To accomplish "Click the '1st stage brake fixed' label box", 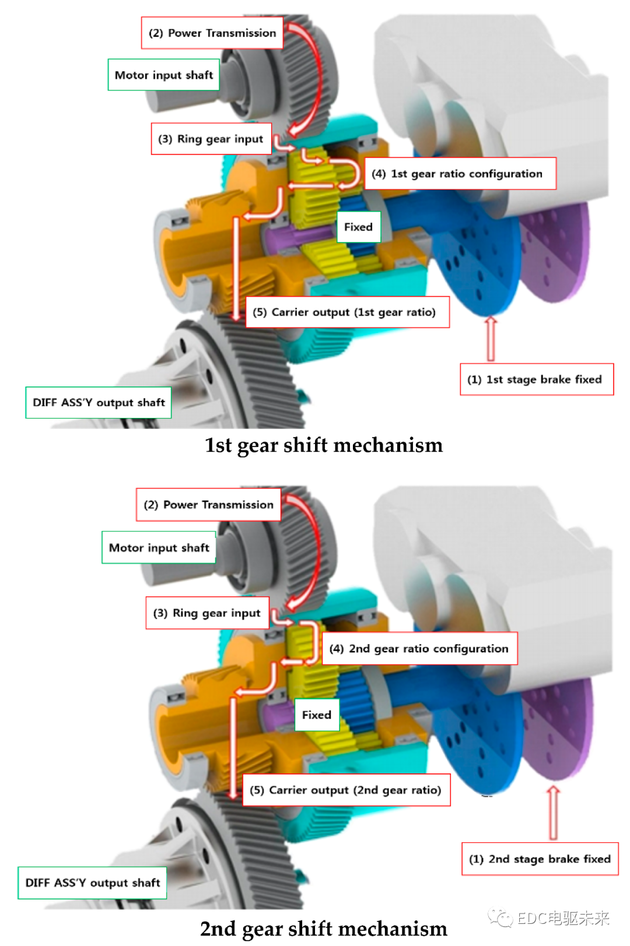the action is (537, 379).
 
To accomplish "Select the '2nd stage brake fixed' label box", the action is (540, 859).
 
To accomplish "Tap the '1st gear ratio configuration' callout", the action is (460, 174).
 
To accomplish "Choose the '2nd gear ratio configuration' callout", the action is (419, 648).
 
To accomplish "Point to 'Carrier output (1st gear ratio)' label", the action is (347, 312).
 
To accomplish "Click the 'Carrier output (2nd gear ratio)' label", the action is (346, 790).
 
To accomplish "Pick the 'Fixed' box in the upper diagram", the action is (358, 227).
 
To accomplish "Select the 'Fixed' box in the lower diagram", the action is (317, 715).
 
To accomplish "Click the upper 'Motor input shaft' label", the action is (163, 75).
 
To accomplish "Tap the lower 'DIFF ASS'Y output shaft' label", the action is (92, 882).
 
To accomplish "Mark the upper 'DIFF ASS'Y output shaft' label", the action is (99, 402).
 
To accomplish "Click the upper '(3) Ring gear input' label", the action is (211, 139).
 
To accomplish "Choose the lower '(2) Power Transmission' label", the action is (208, 505).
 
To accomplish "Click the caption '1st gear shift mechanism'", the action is (324, 445).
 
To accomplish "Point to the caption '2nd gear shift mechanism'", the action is (324, 929).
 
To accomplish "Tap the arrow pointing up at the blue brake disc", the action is (490, 339).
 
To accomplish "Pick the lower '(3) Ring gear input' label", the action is (207, 613).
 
